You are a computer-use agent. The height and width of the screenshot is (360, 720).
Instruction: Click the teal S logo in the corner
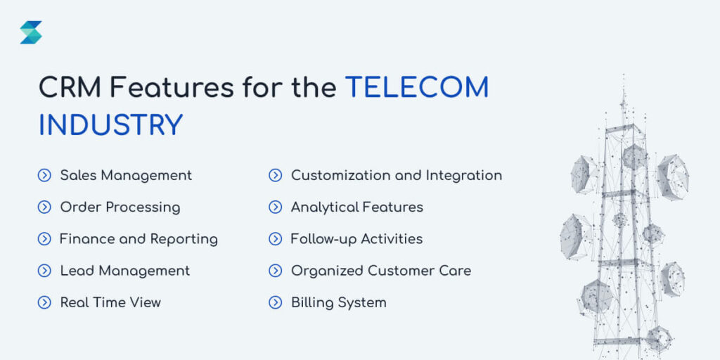pyautogui.click(x=31, y=32)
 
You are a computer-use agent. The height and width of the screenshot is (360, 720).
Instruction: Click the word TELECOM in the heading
pyautogui.click(x=417, y=88)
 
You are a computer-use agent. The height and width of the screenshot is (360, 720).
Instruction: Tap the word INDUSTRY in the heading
pyautogui.click(x=110, y=125)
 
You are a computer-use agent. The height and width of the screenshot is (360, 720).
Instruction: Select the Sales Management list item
pyautogui.click(x=126, y=175)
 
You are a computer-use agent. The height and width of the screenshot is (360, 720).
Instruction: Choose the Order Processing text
pyautogui.click(x=120, y=207)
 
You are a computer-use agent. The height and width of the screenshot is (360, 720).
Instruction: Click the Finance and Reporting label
pyautogui.click(x=139, y=239)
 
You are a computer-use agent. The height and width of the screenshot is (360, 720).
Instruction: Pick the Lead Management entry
pyautogui.click(x=125, y=271)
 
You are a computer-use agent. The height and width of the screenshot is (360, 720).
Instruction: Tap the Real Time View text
pyautogui.click(x=110, y=303)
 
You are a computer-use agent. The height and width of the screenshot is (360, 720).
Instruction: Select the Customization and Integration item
pyautogui.click(x=397, y=175)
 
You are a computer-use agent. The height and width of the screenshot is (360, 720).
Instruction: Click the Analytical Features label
pyautogui.click(x=357, y=207)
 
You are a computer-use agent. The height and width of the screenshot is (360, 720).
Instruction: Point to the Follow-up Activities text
pyautogui.click(x=356, y=239)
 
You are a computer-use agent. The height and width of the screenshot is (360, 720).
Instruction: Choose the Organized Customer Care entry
pyautogui.click(x=381, y=271)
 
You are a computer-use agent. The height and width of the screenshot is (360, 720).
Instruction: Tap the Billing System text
pyautogui.click(x=339, y=303)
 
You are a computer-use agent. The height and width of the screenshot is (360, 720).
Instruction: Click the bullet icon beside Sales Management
pyautogui.click(x=44, y=176)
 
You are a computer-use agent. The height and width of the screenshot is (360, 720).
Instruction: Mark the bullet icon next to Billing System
pyautogui.click(x=276, y=303)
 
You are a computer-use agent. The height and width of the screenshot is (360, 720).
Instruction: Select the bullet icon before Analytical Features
pyautogui.click(x=276, y=207)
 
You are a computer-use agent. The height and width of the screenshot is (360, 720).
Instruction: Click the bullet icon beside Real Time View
pyautogui.click(x=44, y=303)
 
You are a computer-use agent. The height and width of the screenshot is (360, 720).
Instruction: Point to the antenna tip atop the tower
pyautogui.click(x=623, y=77)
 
